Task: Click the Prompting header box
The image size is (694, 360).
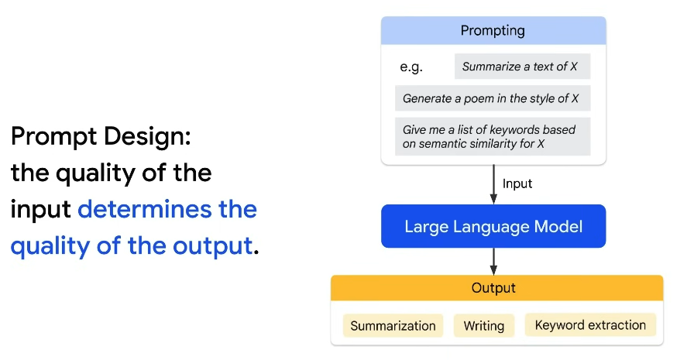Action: [493, 30]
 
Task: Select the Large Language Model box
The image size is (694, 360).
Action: [493, 226]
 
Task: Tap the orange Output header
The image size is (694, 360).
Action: [496, 288]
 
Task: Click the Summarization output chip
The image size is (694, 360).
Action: [393, 326]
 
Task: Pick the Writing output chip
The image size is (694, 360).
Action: [484, 326]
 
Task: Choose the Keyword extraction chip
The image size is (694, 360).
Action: [590, 325]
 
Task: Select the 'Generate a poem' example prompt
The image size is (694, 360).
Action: [493, 98]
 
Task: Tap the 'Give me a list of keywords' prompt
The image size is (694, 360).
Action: [493, 136]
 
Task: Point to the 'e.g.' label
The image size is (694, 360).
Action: [411, 67]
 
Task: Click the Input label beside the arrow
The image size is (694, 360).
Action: [517, 183]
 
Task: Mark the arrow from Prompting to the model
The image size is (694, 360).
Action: [493, 184]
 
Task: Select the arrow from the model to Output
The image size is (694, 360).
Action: [493, 262]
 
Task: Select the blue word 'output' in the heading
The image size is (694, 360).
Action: [212, 246]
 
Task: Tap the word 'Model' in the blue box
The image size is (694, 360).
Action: [558, 226]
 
